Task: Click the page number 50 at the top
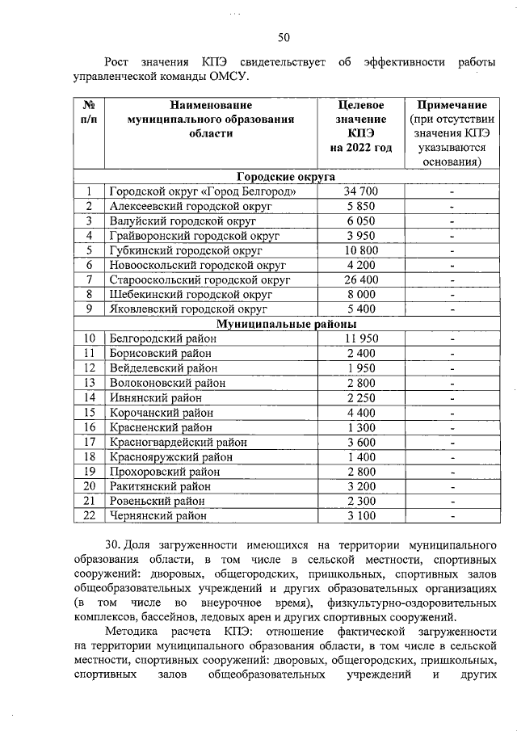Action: (284, 36)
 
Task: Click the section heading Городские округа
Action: (286, 177)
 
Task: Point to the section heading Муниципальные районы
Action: (286, 324)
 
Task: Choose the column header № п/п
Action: (89, 112)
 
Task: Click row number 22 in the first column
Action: (89, 515)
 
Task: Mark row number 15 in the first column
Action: (89, 412)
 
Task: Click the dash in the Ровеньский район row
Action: (452, 501)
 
